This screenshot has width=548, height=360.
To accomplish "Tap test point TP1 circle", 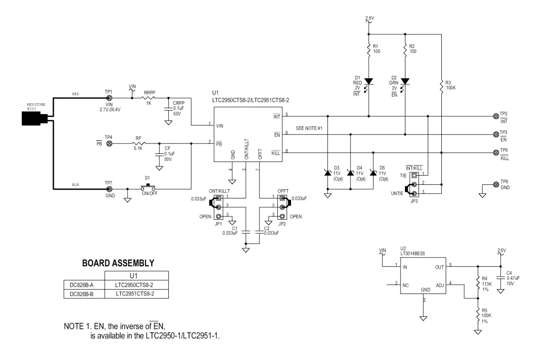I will tap(109, 98).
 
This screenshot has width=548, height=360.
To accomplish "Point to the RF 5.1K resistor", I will tap(138, 144).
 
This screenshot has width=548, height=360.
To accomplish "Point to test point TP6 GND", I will tap(496, 184).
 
